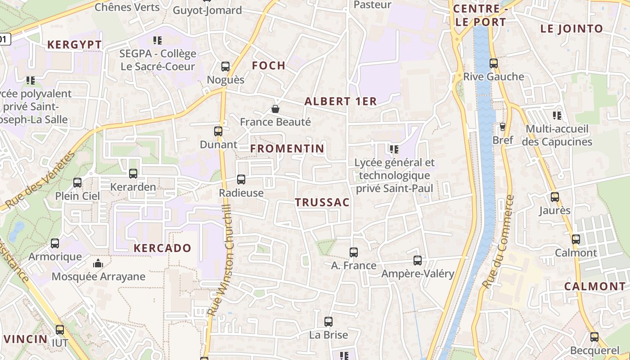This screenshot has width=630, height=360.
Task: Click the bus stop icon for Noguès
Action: (225, 67)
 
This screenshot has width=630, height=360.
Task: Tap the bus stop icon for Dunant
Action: (218, 131)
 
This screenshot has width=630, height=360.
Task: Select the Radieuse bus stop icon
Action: (241, 180)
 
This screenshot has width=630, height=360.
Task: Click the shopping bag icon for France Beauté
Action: (275, 109)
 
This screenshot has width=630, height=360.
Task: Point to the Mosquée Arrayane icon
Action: (98, 263)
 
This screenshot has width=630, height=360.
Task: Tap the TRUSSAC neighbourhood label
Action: (323, 202)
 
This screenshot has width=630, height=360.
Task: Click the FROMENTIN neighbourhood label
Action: (287, 148)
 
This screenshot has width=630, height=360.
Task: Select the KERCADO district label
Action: (162, 248)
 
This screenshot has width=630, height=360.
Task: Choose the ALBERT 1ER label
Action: (341, 101)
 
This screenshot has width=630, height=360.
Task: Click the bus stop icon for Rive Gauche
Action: (494, 63)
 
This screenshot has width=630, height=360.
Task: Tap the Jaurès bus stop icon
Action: (555, 197)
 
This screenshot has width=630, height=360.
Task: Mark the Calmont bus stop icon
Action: (576, 239)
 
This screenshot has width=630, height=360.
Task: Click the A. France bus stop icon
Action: (354, 252)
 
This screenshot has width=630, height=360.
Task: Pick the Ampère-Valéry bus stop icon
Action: (418, 261)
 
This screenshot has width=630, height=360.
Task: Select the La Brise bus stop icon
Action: (328, 322)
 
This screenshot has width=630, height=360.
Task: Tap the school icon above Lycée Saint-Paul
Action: (394, 149)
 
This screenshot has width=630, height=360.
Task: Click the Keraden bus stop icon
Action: (133, 174)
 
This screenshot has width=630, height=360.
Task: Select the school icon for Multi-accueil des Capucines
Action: (557, 116)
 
